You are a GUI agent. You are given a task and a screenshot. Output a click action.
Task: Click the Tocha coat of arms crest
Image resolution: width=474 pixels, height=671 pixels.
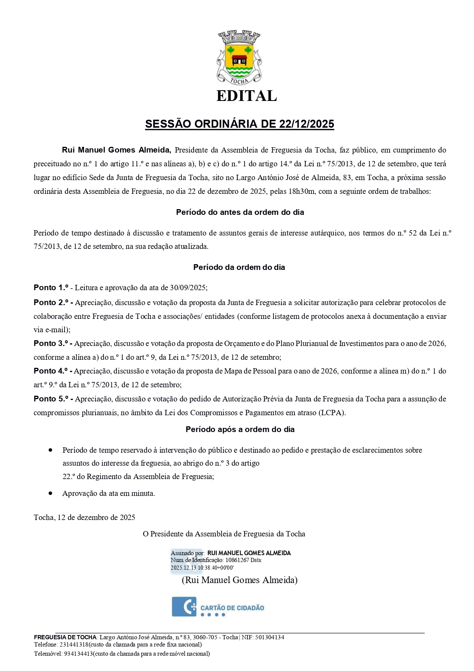click(x=239, y=57)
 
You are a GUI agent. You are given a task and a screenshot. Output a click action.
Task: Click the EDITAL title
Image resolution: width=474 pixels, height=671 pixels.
click(x=246, y=96)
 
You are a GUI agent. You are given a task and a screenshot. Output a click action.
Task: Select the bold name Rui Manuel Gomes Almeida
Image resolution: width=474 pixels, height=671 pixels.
click(x=116, y=150)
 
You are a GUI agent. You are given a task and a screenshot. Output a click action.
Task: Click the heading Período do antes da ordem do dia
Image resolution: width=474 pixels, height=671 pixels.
click(x=240, y=212)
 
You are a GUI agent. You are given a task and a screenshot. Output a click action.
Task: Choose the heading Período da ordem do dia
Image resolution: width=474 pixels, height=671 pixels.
click(x=239, y=267)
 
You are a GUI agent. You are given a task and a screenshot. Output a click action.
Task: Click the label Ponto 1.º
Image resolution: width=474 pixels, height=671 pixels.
click(x=51, y=288)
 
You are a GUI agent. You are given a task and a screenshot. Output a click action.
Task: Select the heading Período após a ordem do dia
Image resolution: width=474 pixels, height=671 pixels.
click(x=240, y=429)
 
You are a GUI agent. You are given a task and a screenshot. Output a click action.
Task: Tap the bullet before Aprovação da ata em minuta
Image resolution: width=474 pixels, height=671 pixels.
click(x=50, y=493)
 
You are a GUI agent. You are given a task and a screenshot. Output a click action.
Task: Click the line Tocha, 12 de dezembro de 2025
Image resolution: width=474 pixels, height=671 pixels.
click(x=84, y=517)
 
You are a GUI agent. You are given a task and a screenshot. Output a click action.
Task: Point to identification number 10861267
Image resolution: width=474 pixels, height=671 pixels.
click(x=237, y=560)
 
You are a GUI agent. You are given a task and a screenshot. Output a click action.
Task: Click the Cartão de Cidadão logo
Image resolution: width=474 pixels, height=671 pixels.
click(x=218, y=607)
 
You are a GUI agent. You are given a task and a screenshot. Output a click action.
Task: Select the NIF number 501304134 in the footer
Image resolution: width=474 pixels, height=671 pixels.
click(x=270, y=637)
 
